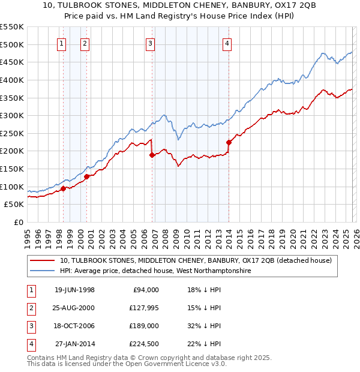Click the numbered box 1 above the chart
(x=63, y=43)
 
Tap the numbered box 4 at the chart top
(x=227, y=43)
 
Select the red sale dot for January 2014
(x=229, y=142)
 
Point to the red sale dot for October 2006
(x=152, y=155)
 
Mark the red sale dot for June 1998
(x=63, y=188)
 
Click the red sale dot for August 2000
(x=86, y=176)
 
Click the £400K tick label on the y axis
(x=12, y=80)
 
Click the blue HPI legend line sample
(x=43, y=271)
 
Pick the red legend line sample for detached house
(x=43, y=260)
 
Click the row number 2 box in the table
(x=30, y=308)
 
